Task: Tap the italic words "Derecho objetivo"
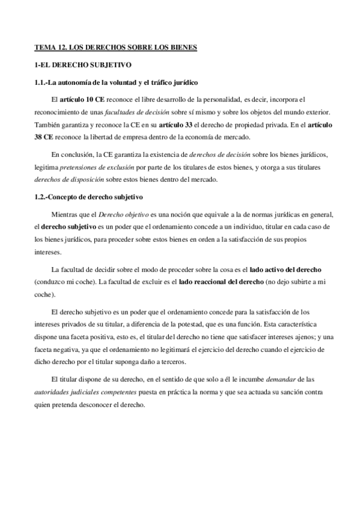pyautogui.click(x=123, y=215)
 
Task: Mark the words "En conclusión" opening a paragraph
pyautogui.click(x=73, y=153)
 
